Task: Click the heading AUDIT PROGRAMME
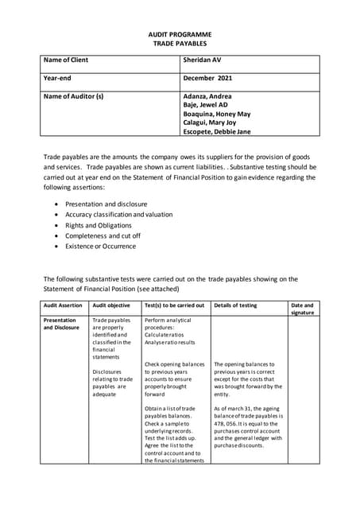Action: click(179, 36)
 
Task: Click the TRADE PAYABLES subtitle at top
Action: click(179, 45)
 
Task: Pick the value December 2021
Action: click(208, 79)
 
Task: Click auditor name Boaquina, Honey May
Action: click(216, 114)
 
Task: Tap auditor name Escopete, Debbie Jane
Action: click(216, 131)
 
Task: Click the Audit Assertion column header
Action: click(63, 305)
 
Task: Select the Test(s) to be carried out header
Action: click(174, 305)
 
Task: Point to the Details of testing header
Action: click(235, 305)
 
